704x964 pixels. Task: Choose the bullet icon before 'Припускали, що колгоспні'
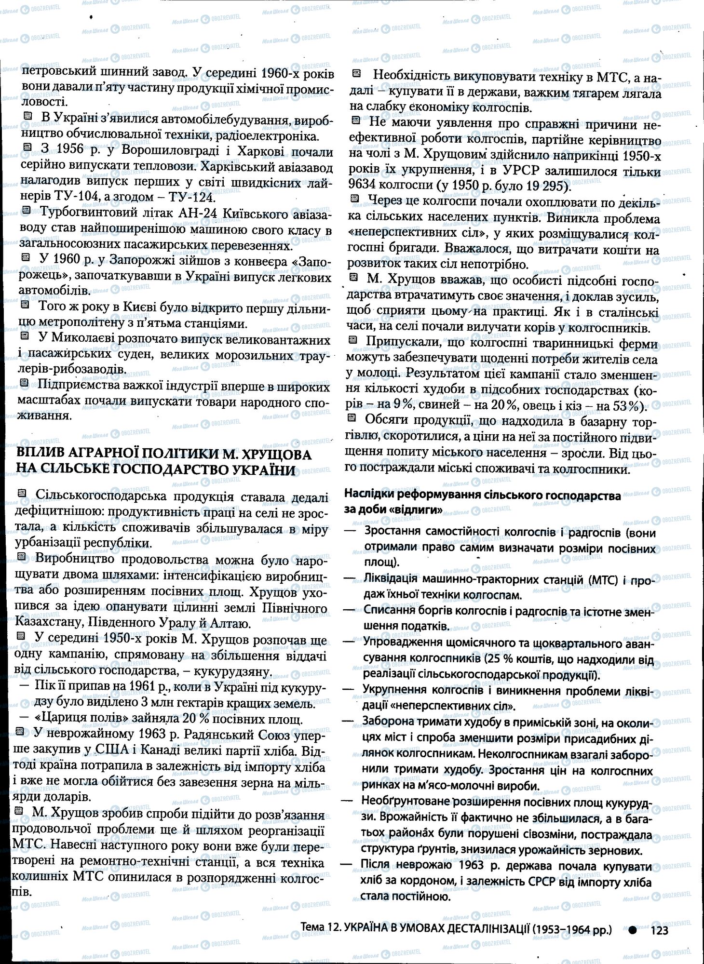353,341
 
